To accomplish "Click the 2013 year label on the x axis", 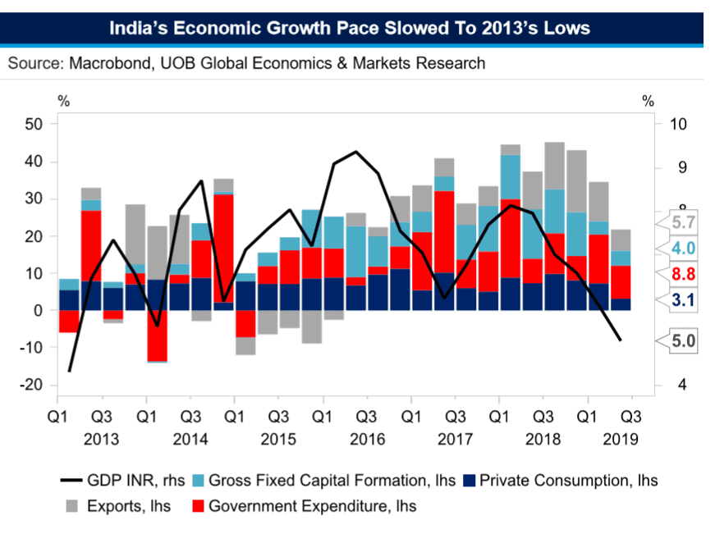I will pos(101,439).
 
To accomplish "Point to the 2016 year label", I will pos(367,439).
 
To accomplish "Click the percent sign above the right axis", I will pos(648,102).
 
